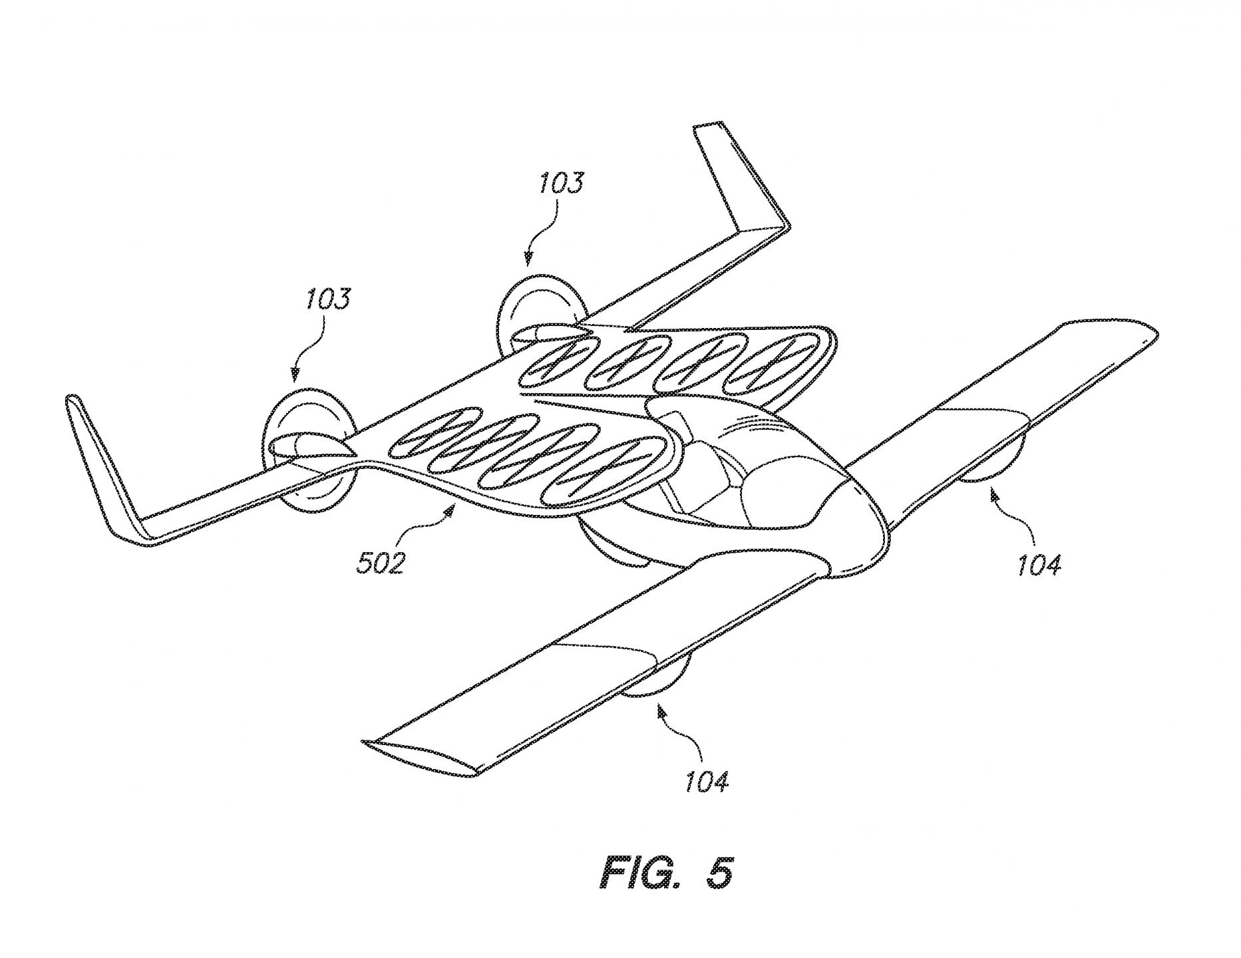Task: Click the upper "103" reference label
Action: [x=561, y=182]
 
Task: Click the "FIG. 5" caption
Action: [x=667, y=872]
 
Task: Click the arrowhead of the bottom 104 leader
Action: [x=660, y=711]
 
